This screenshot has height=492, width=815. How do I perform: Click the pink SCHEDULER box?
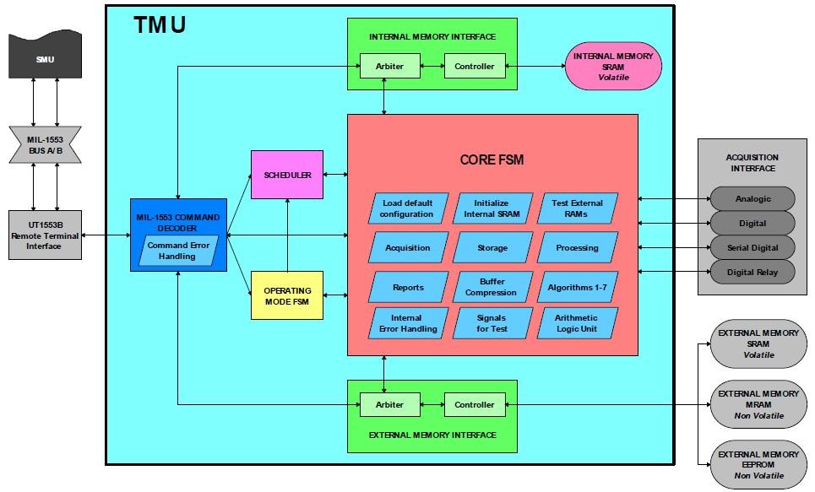[x=287, y=175]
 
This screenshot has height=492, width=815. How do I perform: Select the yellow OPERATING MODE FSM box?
[x=287, y=295]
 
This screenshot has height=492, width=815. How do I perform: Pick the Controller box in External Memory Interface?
[x=475, y=404]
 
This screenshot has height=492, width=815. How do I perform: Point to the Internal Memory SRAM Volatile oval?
[x=613, y=67]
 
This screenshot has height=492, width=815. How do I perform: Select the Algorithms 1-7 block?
[x=578, y=287]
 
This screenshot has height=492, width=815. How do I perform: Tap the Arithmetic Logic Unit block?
[x=578, y=322]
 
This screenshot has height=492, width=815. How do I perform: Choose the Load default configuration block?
[x=408, y=208]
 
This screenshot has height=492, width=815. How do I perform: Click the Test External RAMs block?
[x=578, y=208]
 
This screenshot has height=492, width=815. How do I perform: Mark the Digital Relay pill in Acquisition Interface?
[x=753, y=272]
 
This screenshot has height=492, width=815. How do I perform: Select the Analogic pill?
[x=753, y=199]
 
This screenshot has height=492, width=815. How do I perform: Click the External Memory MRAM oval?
[x=758, y=404]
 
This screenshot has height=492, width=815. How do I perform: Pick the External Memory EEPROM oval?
[x=758, y=465]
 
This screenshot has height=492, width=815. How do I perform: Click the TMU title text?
[x=160, y=25]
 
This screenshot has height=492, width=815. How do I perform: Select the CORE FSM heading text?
[x=493, y=159]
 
